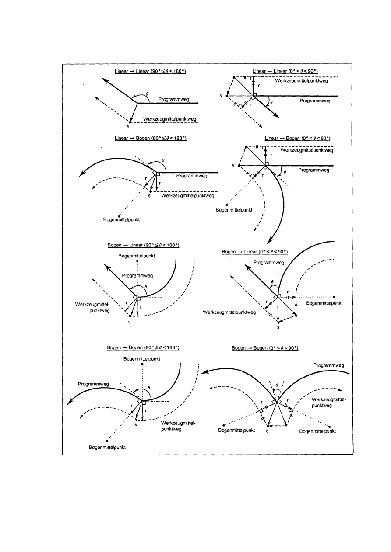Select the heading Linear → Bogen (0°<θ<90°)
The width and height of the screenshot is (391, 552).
[x=297, y=138]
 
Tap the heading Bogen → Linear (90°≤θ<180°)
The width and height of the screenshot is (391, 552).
[x=144, y=245]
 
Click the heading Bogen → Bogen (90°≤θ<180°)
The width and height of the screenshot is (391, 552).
[x=144, y=347]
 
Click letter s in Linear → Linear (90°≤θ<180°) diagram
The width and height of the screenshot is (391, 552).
[x=128, y=127]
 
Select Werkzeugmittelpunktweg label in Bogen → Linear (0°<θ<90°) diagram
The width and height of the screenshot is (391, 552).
[x=229, y=312]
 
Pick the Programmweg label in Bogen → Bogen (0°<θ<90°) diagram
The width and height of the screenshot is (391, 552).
[x=328, y=365]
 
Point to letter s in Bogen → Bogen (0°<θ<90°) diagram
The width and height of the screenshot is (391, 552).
[x=267, y=431]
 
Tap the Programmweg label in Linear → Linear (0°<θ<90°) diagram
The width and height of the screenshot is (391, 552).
[x=314, y=101]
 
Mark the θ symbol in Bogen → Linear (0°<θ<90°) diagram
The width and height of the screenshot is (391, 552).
[x=272, y=281]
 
